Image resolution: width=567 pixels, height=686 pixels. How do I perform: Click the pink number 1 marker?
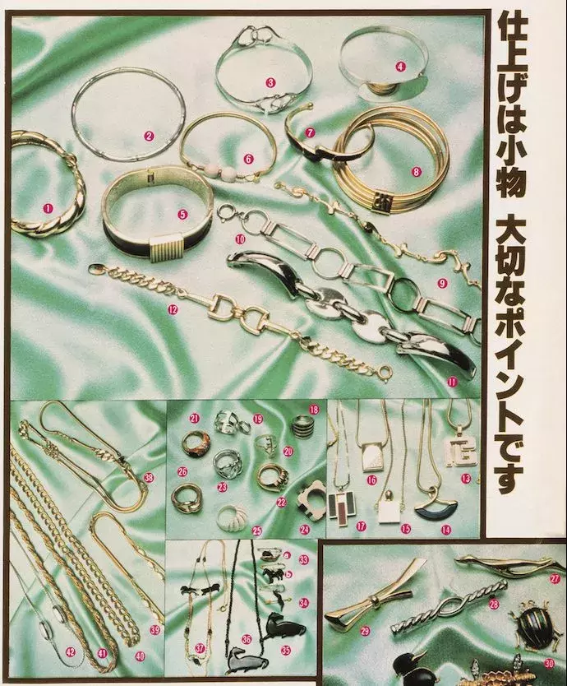[48, 209]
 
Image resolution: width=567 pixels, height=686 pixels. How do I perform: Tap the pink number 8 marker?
[415, 172]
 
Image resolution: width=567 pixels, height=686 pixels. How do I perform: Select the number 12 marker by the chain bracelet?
[173, 310]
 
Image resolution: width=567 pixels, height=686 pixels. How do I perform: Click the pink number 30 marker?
[549, 663]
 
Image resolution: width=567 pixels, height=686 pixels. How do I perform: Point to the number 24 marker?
[304, 529]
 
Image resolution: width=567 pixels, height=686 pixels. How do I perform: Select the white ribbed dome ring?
[232, 517]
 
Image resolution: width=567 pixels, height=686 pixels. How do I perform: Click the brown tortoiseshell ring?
[194, 443]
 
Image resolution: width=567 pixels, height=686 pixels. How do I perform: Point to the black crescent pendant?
[436, 512]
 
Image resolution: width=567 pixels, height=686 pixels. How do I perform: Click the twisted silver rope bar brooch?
[449, 605]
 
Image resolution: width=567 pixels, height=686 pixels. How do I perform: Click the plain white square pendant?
[389, 512]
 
